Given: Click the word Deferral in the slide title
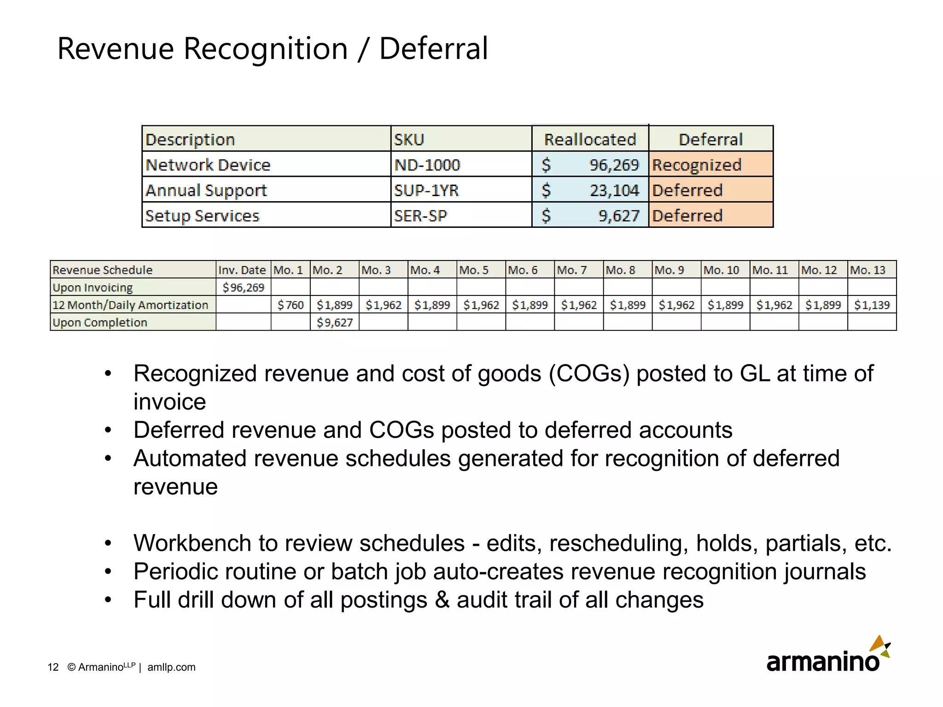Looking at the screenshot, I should coord(433,49).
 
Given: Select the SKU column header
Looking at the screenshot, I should coord(409,139).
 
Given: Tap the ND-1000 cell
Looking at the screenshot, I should coord(427,165).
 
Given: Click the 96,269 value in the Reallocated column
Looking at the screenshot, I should coord(614,165).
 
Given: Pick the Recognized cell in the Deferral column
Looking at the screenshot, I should coord(697,165).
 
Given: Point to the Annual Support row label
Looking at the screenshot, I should coord(206,190).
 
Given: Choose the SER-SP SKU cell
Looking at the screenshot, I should coord(420,215).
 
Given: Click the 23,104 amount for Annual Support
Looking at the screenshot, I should coord(614,190).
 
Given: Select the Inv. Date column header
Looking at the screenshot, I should coord(242,270).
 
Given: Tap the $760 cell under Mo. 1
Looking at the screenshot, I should coord(291,305).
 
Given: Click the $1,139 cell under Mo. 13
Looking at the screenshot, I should coord(872,305).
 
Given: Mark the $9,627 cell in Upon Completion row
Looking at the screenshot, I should coord(335,322).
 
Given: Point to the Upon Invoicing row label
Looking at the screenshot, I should coord(93,288).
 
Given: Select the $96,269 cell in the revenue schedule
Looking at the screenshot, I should coord(243,288).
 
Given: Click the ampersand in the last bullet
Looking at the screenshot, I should coord(442,600).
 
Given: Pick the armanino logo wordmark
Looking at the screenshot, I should coord(822,661).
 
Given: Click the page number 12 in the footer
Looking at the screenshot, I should coord(53,667).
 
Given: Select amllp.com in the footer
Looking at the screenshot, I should coord(171,667).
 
